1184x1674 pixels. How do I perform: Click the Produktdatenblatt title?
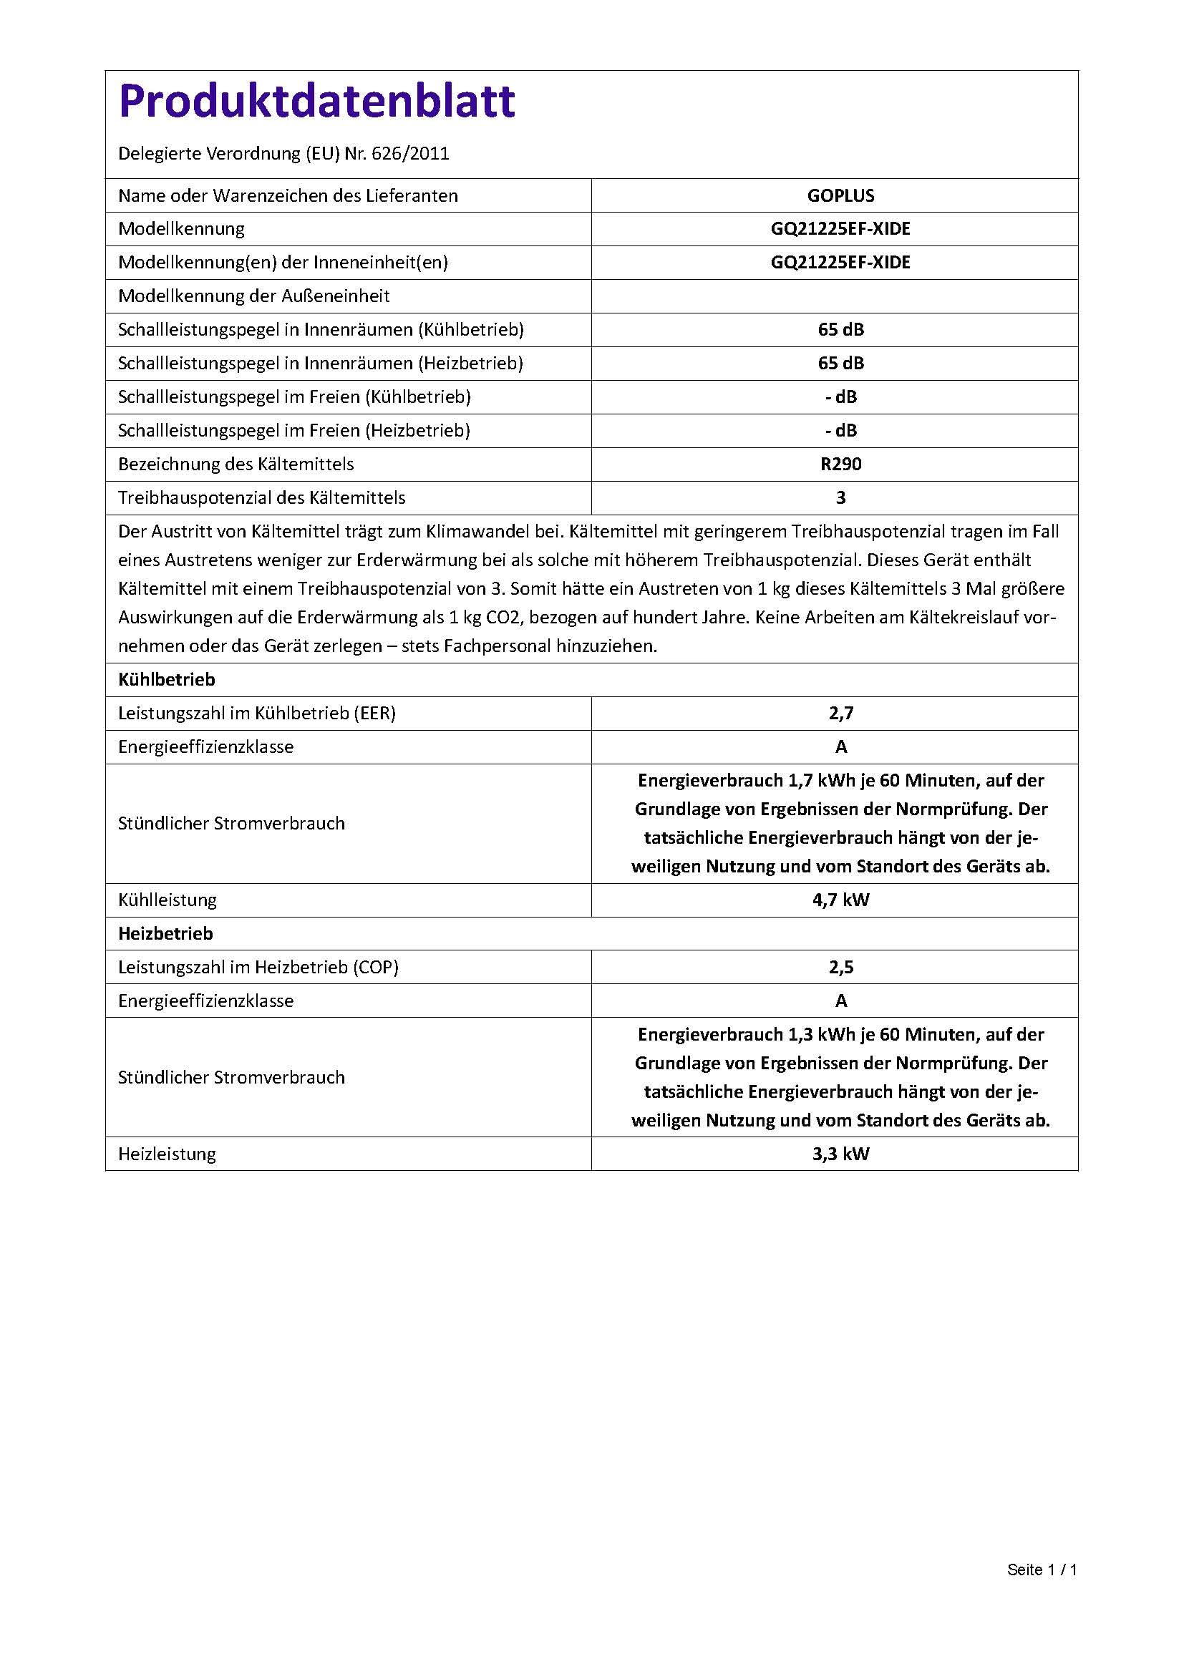tap(316, 102)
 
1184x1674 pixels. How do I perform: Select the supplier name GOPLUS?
tap(840, 195)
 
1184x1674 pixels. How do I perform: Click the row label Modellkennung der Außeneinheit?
tap(253, 296)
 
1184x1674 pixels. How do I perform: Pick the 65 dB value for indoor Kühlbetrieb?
tap(840, 329)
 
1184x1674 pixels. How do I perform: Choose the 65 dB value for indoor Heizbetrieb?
tap(840, 363)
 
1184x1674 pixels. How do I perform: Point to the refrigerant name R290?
tap(840, 464)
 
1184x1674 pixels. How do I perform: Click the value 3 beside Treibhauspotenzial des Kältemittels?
tap(840, 498)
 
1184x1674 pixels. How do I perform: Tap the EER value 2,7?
tap(840, 713)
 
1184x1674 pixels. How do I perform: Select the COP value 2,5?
tap(840, 968)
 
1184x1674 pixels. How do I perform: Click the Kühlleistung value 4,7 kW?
tap(840, 900)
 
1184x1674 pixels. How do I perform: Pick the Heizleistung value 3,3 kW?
tap(840, 1154)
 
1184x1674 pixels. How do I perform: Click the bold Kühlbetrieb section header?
tap(167, 679)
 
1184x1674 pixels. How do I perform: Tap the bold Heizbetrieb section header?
tap(165, 934)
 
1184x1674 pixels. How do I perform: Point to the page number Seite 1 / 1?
tap(1042, 1570)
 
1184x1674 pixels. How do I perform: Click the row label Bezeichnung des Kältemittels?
tap(236, 464)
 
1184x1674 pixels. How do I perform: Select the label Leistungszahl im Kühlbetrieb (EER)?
tap(257, 713)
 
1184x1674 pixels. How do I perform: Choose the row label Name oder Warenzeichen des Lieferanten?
tap(288, 195)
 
